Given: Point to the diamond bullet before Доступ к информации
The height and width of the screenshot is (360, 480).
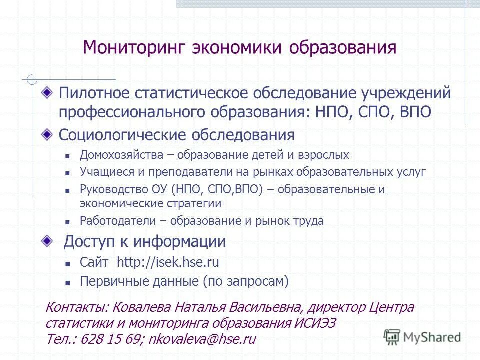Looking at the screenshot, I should pos(46,241).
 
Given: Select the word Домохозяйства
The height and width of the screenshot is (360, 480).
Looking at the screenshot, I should pos(121,155).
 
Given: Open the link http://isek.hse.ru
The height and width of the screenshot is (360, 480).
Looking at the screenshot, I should pos(168,263).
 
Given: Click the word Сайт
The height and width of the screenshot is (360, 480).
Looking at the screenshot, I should pos(94,263).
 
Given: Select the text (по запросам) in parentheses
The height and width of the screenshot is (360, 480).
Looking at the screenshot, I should pos(246,281).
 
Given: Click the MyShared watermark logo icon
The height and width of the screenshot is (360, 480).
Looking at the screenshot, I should pos(392,337).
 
